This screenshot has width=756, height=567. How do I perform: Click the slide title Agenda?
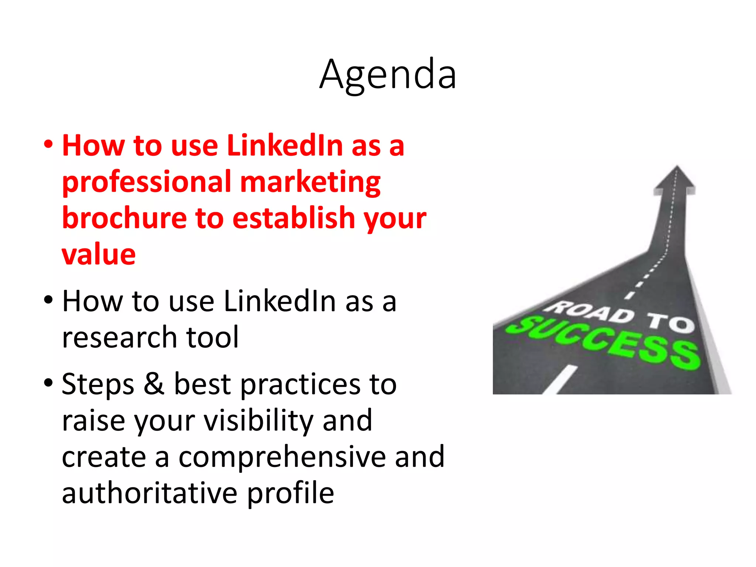pyautogui.click(x=388, y=75)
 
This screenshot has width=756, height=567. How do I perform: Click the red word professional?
pyautogui.click(x=147, y=182)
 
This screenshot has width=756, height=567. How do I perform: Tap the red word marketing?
pyautogui.click(x=310, y=182)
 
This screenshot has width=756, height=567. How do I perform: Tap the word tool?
pyautogui.click(x=212, y=337)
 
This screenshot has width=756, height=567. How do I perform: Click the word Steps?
pyautogui.click(x=98, y=384)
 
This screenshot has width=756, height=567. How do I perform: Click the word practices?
pyautogui.click(x=300, y=384)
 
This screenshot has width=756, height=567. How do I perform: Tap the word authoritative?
pyautogui.click(x=150, y=493)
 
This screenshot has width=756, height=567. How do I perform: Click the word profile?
pyautogui.click(x=291, y=493)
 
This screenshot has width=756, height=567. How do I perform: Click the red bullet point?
pyautogui.click(x=48, y=144)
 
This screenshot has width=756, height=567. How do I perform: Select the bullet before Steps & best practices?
pyautogui.click(x=48, y=383)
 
